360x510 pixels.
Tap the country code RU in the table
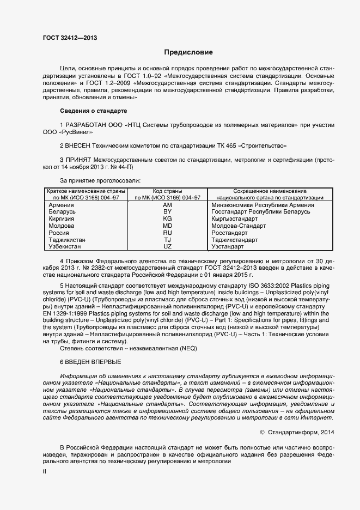(168, 233)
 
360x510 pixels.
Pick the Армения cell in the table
(60, 204)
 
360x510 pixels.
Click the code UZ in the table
(168, 247)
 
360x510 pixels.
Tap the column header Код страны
(168, 191)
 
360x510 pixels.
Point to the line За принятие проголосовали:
(100, 180)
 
